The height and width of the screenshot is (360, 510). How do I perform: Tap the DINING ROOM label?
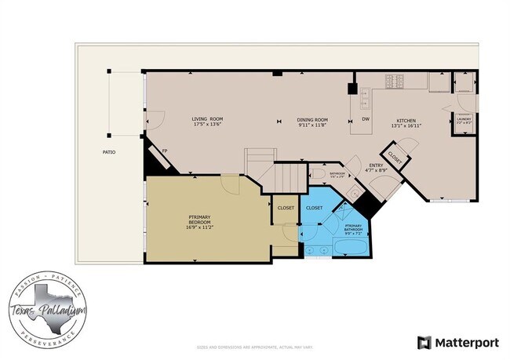pyautogui.click(x=311, y=119)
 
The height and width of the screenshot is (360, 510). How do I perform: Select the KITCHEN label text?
pyautogui.click(x=406, y=119)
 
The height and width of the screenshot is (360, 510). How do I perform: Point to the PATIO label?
pyautogui.click(x=108, y=151)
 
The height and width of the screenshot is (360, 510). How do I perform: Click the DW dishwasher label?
pyautogui.click(x=365, y=119)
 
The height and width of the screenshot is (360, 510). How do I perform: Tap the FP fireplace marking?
pyautogui.click(x=165, y=151)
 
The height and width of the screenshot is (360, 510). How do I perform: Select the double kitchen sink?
pyautogui.click(x=365, y=97)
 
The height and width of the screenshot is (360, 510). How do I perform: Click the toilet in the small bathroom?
pyautogui.click(x=318, y=173)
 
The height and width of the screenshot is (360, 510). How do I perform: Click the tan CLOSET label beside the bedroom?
pyautogui.click(x=286, y=208)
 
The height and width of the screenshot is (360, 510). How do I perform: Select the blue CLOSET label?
pyautogui.click(x=314, y=208)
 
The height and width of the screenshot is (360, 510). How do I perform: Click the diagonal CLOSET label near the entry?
pyautogui.click(x=394, y=156)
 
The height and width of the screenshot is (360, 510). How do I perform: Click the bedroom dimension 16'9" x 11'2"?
pyautogui.click(x=200, y=227)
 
